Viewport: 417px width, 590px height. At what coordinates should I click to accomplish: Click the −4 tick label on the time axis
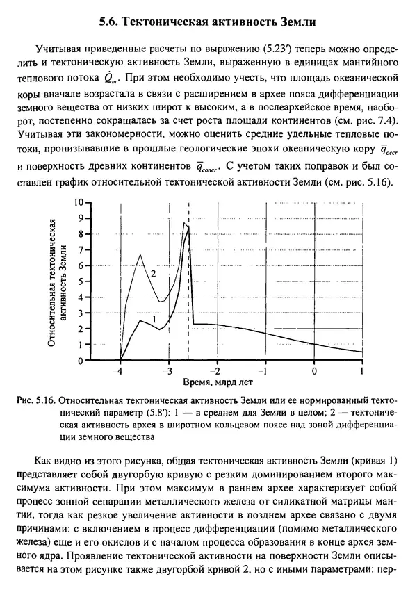tap(120, 370)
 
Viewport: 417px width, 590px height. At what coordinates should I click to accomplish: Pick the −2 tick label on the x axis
tap(217, 370)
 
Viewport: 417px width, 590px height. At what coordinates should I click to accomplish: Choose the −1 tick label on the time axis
tap(265, 370)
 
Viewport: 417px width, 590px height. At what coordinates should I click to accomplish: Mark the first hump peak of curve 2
tap(140, 254)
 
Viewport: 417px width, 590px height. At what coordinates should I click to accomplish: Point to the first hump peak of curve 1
tap(140, 321)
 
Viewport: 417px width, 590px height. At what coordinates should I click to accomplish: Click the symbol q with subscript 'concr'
tap(207, 167)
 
